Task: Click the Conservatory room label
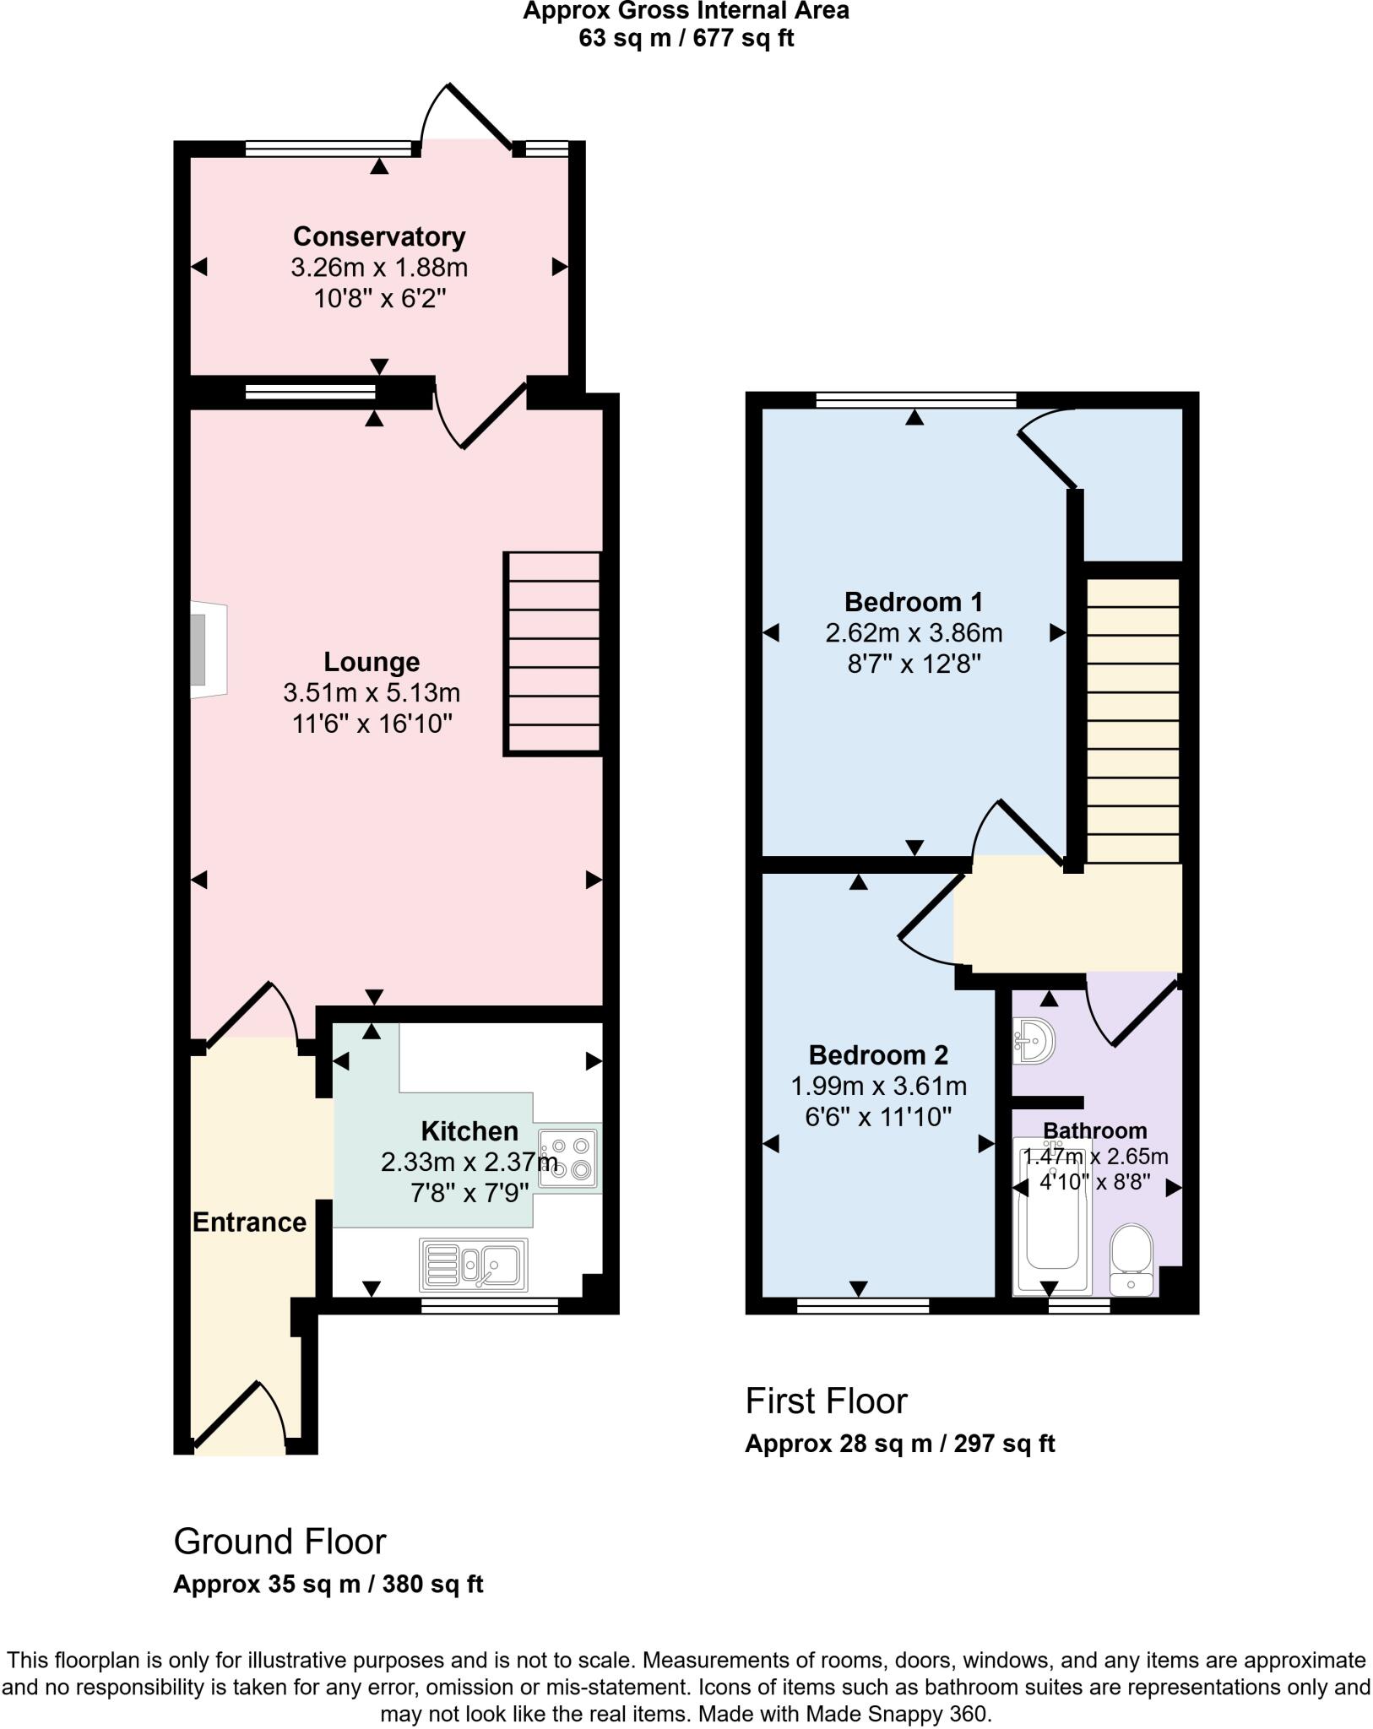pyautogui.click(x=379, y=236)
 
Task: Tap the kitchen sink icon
pyautogui.click(x=473, y=1265)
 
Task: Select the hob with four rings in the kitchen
pyautogui.click(x=569, y=1158)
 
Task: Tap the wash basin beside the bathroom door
pyautogui.click(x=1034, y=1040)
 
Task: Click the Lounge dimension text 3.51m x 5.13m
pyautogui.click(x=372, y=693)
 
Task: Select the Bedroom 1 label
pyautogui.click(x=914, y=602)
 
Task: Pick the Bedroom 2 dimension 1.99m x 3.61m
pyautogui.click(x=878, y=1086)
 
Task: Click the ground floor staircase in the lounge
pyautogui.click(x=553, y=652)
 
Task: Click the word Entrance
pyautogui.click(x=249, y=1222)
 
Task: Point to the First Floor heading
pyautogui.click(x=826, y=1401)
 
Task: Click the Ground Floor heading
pyautogui.click(x=279, y=1542)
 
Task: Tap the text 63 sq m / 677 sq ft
pyautogui.click(x=686, y=38)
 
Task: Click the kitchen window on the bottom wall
pyautogui.click(x=490, y=1306)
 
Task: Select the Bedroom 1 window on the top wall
pyautogui.click(x=916, y=400)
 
